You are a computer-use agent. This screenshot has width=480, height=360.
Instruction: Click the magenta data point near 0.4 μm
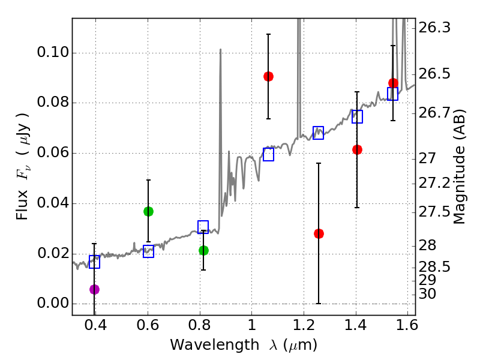pos(94,289)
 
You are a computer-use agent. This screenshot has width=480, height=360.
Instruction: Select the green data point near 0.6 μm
pos(148,211)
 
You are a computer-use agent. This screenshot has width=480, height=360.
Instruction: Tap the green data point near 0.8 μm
pos(203,250)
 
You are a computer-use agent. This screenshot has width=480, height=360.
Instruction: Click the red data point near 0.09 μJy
pos(268,76)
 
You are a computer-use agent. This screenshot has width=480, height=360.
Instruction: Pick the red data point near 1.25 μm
pos(319,233)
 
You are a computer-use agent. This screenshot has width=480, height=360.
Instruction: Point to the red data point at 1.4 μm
pos(357,149)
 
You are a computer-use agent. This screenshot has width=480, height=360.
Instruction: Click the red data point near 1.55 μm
pos(393,83)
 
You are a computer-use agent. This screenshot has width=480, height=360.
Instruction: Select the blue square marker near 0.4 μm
pos(94,262)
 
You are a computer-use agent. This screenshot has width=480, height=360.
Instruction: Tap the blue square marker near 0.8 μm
pos(203,227)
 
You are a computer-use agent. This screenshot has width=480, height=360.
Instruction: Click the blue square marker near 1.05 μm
pos(268,154)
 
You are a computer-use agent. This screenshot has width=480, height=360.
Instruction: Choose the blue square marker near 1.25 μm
pos(319,133)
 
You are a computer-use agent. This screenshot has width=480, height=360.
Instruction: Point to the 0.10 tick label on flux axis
pos(52,53)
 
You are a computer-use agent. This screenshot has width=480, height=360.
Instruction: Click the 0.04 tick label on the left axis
pos(52,203)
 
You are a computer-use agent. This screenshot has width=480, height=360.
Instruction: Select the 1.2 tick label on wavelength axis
pos(304,327)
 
